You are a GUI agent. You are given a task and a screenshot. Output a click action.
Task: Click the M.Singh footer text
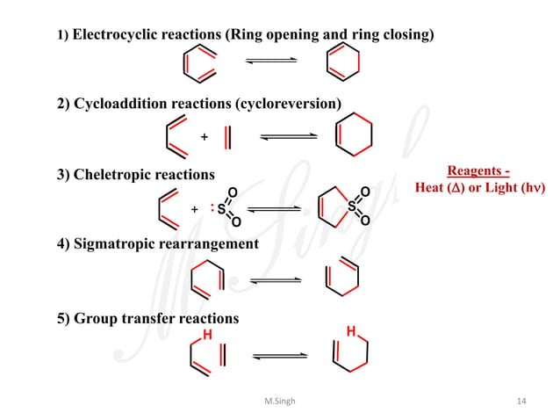(279, 402)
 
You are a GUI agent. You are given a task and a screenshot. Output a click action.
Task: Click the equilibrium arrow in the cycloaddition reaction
(288, 136)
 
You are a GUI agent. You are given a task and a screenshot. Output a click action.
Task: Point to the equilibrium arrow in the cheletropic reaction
(276, 209)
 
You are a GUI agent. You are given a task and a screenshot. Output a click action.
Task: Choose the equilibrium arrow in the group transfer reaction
(280, 356)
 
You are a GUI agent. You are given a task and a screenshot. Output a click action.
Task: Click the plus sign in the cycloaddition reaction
(204, 138)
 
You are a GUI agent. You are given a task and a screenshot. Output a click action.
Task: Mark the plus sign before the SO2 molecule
(194, 210)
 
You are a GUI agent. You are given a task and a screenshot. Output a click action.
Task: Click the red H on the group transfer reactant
(208, 335)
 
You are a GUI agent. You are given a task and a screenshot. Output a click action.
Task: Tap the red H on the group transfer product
(350, 332)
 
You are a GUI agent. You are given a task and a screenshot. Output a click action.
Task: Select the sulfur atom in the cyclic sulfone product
(352, 206)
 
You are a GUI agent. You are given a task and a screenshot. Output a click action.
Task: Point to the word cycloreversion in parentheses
(288, 105)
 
